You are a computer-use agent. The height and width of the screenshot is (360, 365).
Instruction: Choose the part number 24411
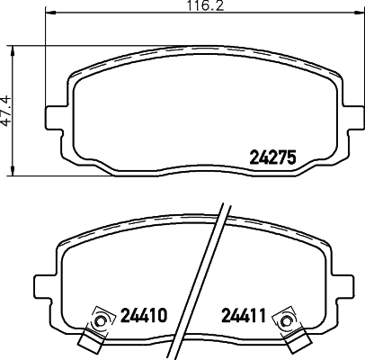coord(244,316)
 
